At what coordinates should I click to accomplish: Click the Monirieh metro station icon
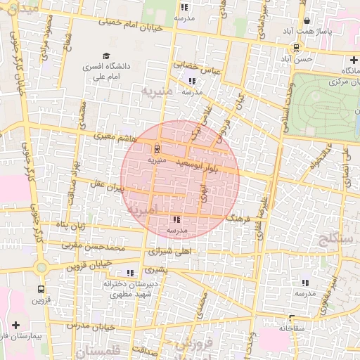click(156, 148)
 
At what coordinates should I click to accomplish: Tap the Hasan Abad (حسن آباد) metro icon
click(297, 49)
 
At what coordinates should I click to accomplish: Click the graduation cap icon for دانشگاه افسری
click(106, 56)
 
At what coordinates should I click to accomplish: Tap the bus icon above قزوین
click(41, 288)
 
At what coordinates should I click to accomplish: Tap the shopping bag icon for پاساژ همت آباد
click(307, 21)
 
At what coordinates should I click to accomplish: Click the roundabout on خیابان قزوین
click(41, 266)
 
